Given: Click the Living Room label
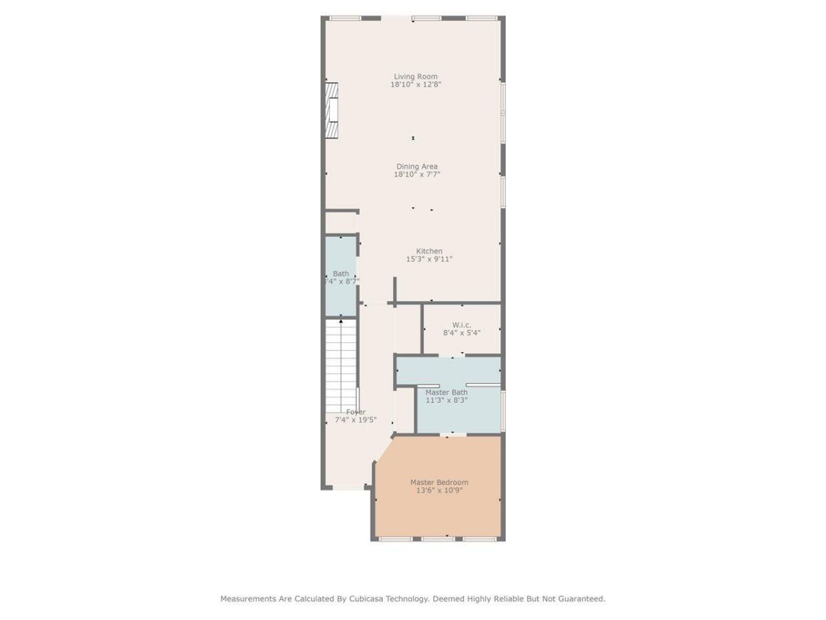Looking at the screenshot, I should [416, 76].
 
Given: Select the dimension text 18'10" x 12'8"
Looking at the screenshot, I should [416, 85].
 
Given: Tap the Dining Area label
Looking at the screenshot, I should [417, 167].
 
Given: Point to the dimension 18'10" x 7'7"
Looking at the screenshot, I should [417, 174].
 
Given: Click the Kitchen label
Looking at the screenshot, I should [429, 251].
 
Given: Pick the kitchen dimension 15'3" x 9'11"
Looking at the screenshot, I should [429, 260].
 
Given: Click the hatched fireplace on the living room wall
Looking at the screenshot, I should [332, 110].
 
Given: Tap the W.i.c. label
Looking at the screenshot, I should [461, 325].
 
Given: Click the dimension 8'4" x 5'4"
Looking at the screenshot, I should [461, 333].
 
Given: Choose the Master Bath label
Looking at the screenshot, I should [447, 392].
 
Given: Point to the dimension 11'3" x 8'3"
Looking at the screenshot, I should [447, 400].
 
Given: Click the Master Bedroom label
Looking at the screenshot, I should [439, 482].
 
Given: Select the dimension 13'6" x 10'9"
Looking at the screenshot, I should [439, 491].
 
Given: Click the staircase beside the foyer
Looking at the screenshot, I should [341, 365].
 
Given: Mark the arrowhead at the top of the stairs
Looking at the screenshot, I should [341, 321].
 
